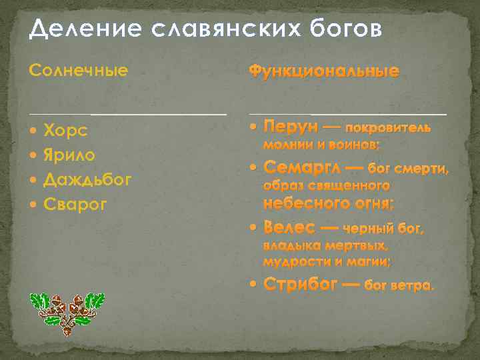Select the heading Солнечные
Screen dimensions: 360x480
79,69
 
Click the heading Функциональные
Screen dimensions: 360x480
324,71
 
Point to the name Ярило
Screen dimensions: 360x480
69,155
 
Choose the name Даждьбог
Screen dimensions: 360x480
87,179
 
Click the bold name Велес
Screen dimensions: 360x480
289,228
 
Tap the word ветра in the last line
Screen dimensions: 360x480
415,286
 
